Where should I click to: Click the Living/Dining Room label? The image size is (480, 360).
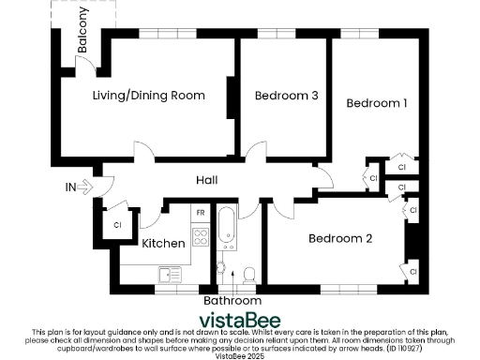tap(148, 96)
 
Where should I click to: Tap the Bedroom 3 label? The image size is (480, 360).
tap(287, 96)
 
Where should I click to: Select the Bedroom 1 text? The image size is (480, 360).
tap(377, 103)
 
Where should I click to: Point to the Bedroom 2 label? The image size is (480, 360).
tap(340, 239)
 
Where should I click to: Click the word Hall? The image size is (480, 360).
tap(208, 180)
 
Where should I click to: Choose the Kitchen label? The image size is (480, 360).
tap(163, 244)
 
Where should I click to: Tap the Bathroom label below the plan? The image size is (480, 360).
tap(232, 302)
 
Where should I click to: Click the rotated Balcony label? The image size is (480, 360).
tap(83, 29)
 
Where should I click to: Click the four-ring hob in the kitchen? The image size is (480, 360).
tap(200, 236)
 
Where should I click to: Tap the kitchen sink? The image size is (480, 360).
tap(170, 274)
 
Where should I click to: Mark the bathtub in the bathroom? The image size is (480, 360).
tap(227, 228)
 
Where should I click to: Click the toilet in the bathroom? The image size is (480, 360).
tap(248, 274)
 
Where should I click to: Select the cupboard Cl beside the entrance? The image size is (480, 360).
tap(117, 225)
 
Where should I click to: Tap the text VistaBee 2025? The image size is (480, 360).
tap(240, 354)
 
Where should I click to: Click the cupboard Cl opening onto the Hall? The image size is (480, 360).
tap(372, 177)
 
